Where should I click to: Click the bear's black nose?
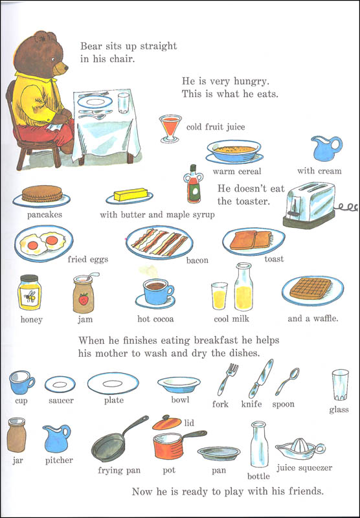click(66, 68)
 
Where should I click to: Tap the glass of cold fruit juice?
click(170, 128)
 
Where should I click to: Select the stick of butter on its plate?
click(130, 195)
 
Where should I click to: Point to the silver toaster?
click(309, 205)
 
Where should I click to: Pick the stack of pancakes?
click(42, 194)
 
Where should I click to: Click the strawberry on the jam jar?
click(84, 298)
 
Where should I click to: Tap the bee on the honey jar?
click(30, 297)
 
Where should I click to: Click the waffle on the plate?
click(310, 288)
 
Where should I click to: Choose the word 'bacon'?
click(197, 260)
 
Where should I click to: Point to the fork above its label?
click(227, 379)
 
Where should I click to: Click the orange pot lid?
click(167, 423)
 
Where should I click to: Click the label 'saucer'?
click(61, 400)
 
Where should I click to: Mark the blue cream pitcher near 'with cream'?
click(326, 148)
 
